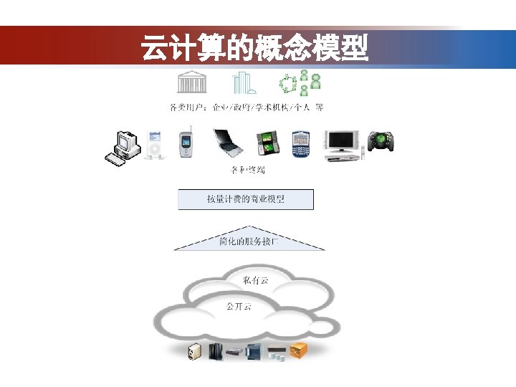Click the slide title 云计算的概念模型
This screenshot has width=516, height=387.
click(254, 49)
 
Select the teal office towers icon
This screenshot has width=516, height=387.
click(243, 84)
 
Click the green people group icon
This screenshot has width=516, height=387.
click(299, 84)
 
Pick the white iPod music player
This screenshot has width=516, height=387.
click(156, 145)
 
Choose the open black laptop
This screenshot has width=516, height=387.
click(229, 144)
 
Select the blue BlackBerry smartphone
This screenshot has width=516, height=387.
click(299, 145)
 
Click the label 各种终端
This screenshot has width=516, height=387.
click(247, 170)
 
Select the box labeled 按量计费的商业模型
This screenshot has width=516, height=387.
click(246, 199)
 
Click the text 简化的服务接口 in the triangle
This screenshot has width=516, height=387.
click(249, 242)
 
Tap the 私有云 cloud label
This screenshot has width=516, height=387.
click(255, 280)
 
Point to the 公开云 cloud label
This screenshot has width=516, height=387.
click(239, 306)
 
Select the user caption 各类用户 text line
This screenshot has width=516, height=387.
click(246, 107)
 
